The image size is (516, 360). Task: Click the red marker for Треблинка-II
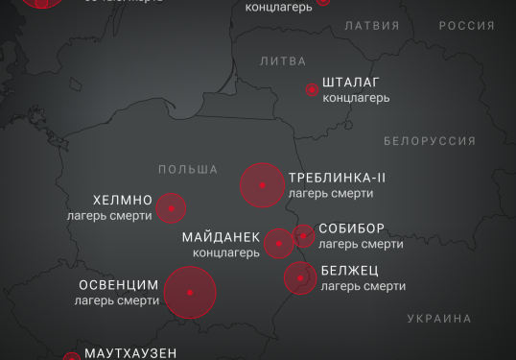[x=262, y=185]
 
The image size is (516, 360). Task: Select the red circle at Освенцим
[x=190, y=292]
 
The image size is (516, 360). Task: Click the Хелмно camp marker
[x=171, y=207]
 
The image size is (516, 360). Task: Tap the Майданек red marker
[x=279, y=243]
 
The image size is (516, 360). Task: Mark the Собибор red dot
[x=303, y=235]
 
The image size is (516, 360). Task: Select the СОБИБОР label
[x=353, y=228]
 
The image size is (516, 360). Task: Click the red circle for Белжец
[x=300, y=278]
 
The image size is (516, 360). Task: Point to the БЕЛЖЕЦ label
[x=350, y=271]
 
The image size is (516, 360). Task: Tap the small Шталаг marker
[x=312, y=89]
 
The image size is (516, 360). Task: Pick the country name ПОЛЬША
[x=188, y=168]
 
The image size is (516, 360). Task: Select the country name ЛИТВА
[x=283, y=60]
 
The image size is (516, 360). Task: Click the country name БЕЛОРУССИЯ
[x=429, y=140]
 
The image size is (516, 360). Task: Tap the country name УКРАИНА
[x=439, y=318]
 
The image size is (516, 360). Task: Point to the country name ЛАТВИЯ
[x=371, y=25]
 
